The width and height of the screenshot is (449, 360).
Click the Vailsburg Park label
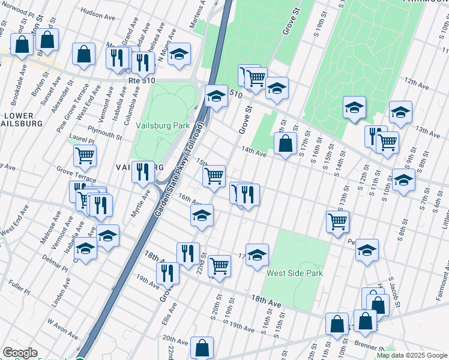(x=162, y=126)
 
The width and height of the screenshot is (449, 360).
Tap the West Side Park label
(x=295, y=273)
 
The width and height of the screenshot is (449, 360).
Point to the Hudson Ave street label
(x=97, y=11)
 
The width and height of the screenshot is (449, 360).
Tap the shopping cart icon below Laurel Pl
(x=85, y=155)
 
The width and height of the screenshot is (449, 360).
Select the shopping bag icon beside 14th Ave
(x=285, y=143)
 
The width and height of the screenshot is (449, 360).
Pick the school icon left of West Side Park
(x=256, y=254)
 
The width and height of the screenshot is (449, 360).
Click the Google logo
(x=20, y=353)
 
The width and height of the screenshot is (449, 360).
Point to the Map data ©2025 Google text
(x=412, y=355)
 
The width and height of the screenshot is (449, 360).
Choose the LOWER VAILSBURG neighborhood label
(x=22, y=119)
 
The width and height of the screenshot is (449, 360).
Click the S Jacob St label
(x=393, y=288)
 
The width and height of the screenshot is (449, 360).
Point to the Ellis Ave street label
(x=172, y=311)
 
